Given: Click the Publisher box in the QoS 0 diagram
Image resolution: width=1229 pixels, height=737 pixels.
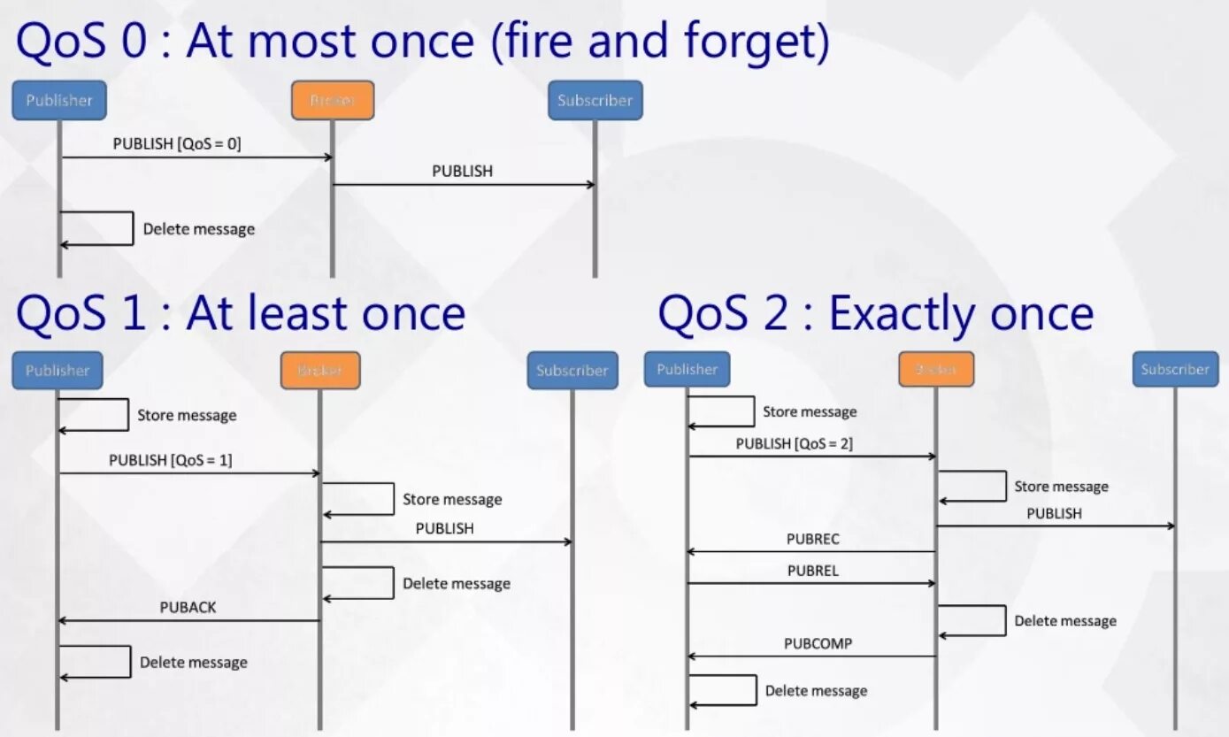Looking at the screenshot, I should coord(58,100).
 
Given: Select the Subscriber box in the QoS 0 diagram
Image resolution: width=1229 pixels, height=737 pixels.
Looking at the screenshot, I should coord(595,100).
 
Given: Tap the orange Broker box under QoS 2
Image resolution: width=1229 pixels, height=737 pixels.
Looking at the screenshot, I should coord(936,369).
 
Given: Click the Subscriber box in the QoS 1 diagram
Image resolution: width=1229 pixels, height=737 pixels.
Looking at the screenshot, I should coord(572,370).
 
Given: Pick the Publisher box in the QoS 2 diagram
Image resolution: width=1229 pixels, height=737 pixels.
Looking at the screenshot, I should coord(687,369).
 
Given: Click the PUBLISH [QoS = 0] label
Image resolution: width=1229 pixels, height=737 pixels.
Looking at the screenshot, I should coord(177,143).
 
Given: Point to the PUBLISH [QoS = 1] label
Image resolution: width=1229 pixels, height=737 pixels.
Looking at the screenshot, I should coord(171,460).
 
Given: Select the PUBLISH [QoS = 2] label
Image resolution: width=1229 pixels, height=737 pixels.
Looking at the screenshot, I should coord(795,443).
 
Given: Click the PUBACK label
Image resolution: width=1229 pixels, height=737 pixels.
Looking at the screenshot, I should coord(188,607).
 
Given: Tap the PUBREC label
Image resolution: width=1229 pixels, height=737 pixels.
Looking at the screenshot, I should coord(813,538).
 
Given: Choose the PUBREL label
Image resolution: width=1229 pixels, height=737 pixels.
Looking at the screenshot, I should coord(813,571).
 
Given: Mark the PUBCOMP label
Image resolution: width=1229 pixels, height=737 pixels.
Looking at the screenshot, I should coord(818,643).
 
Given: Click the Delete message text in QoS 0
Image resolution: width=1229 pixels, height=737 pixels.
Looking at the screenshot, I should coord(199,229).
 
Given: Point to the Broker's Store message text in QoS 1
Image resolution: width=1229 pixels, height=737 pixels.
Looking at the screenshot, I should coord(452,499).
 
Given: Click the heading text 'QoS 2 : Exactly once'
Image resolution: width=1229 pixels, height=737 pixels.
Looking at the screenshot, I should coord(875,313).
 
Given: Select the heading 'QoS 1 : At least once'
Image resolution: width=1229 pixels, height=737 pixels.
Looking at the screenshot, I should coord(241,313).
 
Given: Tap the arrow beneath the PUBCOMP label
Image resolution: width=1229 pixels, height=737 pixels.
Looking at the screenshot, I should coord(812,656).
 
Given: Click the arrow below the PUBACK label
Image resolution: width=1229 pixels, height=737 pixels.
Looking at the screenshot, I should coord(188,620).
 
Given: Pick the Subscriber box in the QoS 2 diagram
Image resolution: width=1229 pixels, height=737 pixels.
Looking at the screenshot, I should coord(1175,369).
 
